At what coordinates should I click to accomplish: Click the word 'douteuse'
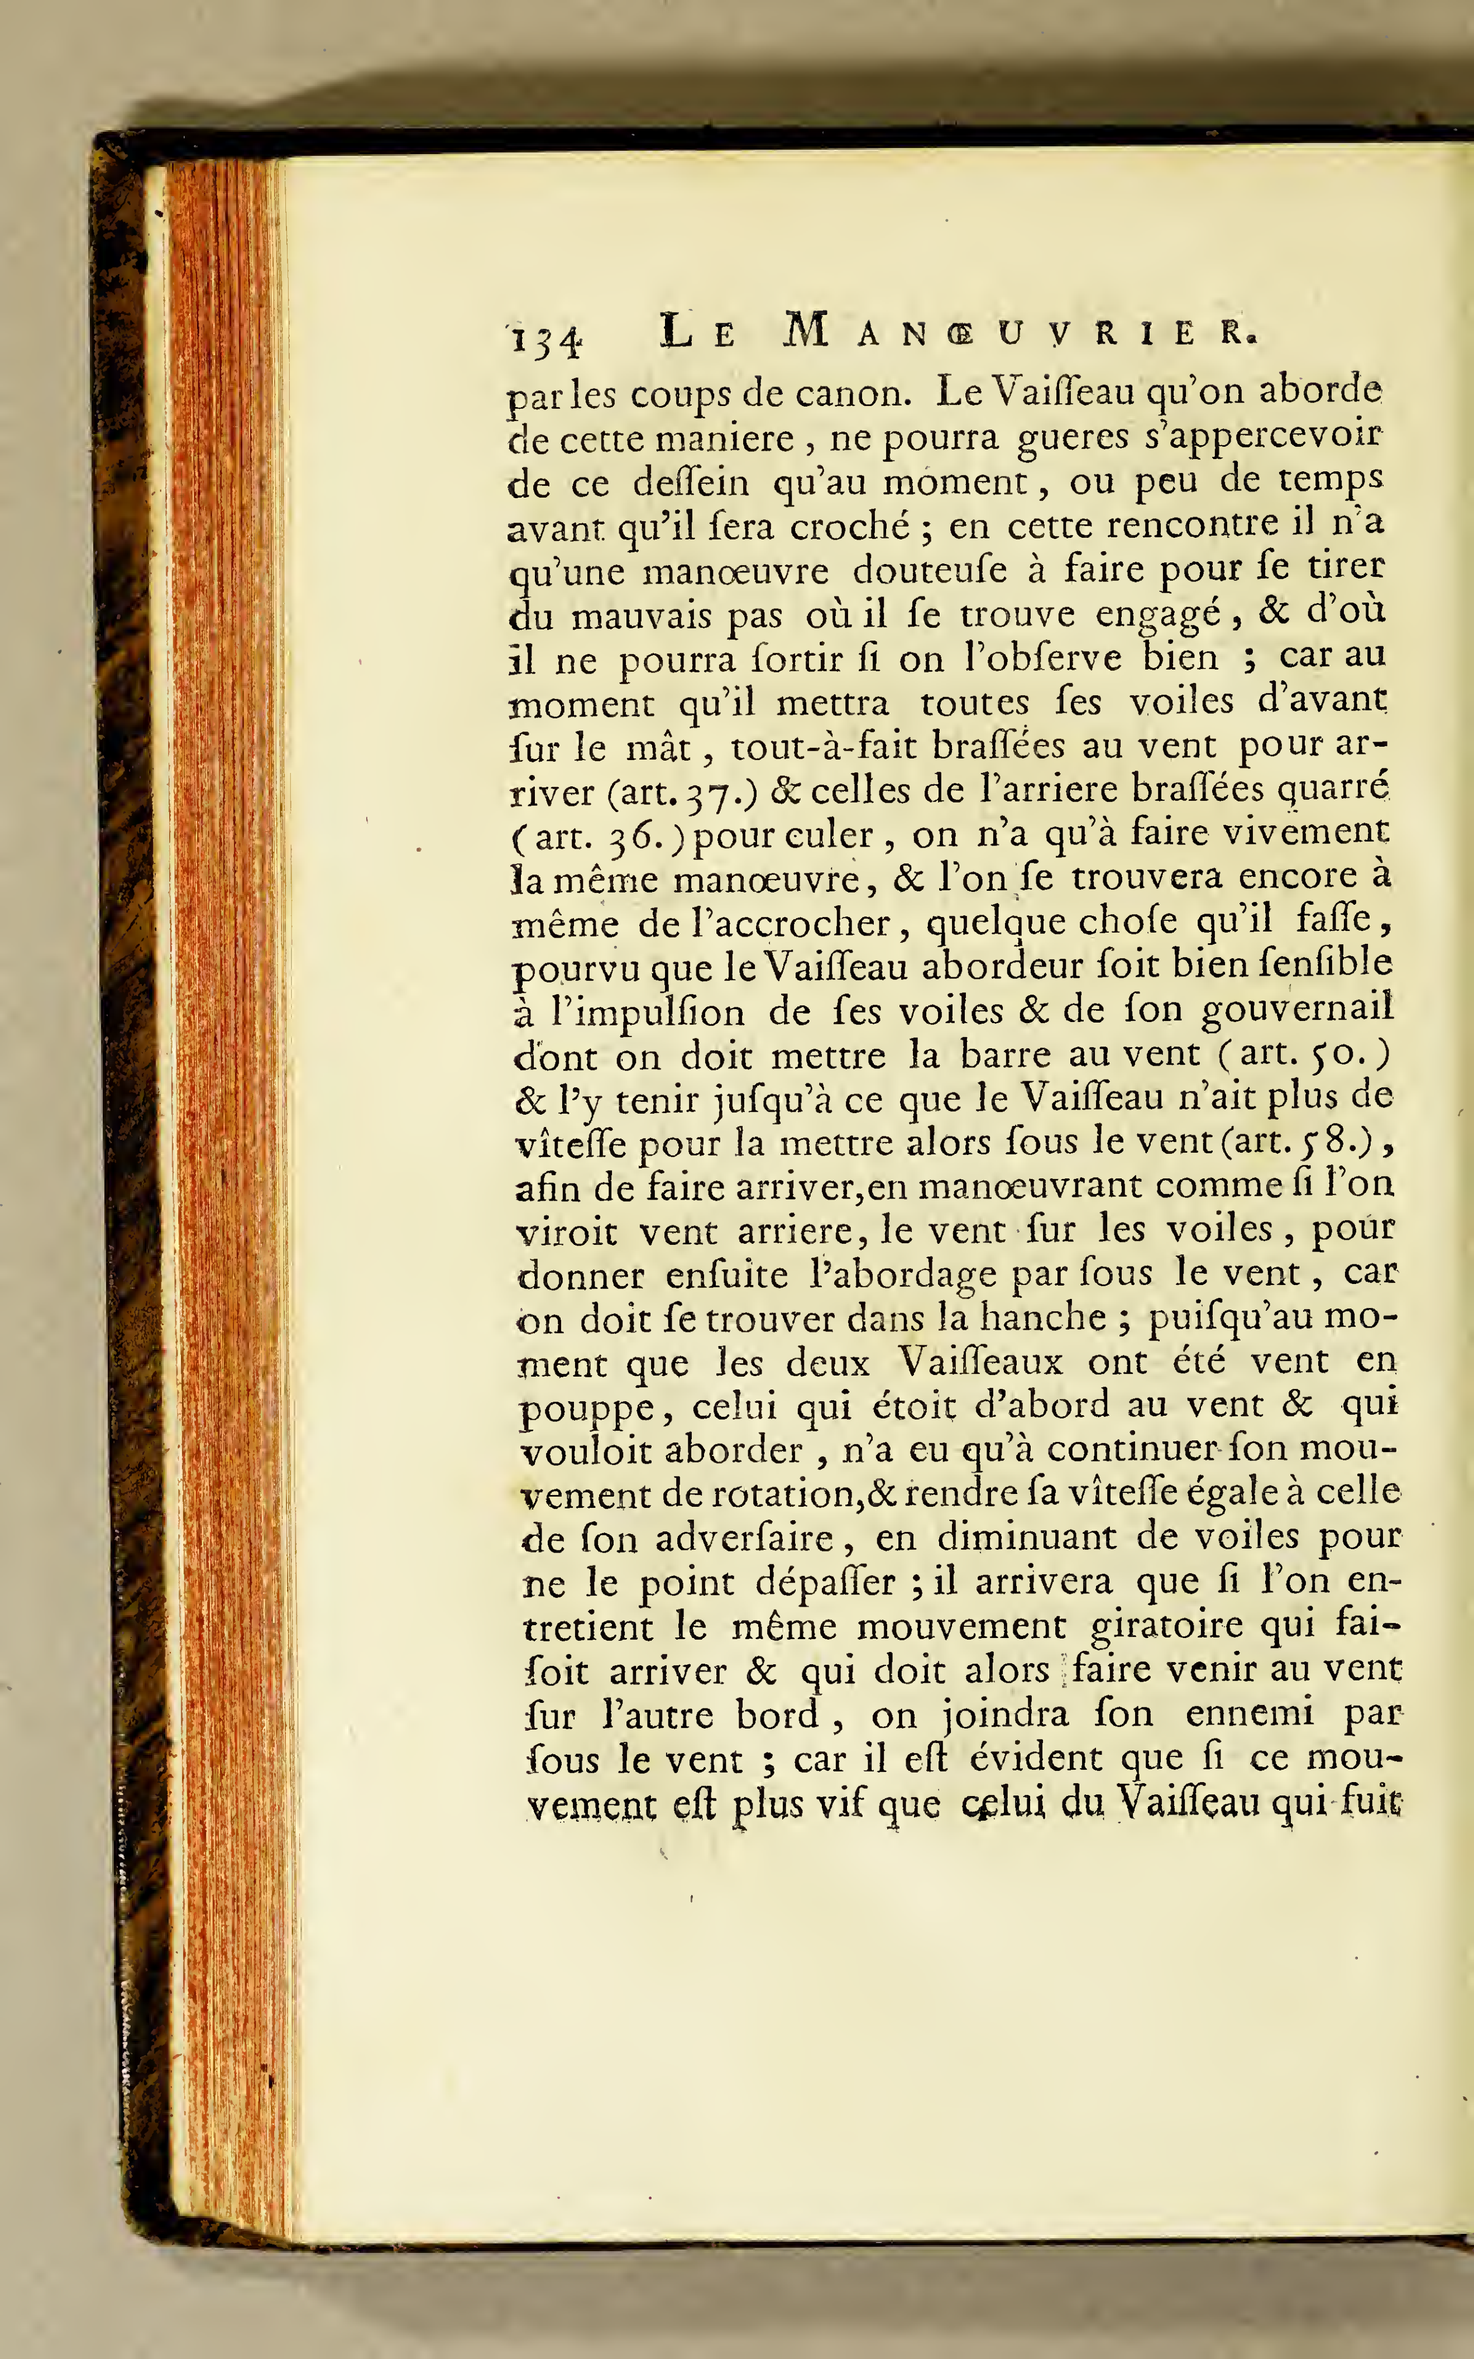pyautogui.click(x=930, y=571)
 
